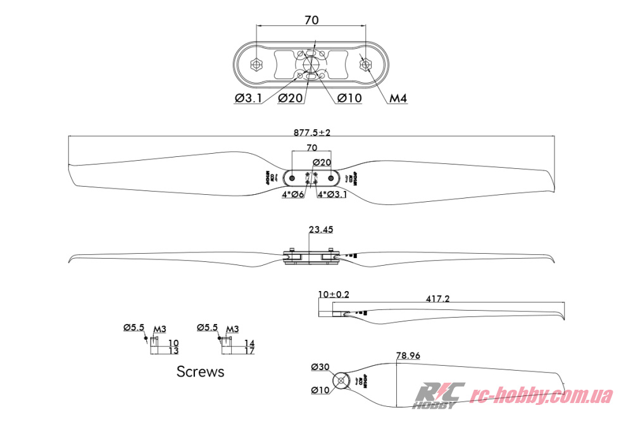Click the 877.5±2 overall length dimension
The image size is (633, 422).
tap(312, 133)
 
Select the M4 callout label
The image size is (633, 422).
tap(398, 98)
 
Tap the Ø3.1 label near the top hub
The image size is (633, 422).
tap(248, 98)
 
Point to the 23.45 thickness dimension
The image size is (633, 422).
tap(321, 229)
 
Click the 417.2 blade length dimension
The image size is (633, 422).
tap(437, 299)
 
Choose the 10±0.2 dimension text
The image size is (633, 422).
tap(334, 294)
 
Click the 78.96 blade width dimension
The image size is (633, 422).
tap(408, 356)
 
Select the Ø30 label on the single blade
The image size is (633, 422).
tap(320, 367)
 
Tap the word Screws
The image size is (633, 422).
tap(200, 371)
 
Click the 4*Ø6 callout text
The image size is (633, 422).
tap(293, 194)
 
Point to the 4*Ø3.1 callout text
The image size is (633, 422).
tap(332, 194)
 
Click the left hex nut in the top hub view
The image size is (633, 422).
tap(256, 65)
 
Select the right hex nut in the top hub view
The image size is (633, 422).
tap(366, 65)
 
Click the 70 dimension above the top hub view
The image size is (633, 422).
tap(311, 20)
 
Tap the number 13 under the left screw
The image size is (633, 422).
tap(173, 351)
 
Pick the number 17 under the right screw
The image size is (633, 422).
tap(249, 351)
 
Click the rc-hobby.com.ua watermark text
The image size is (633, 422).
tap(542, 396)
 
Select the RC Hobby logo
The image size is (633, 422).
tap(437, 395)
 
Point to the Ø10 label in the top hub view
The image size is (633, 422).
tap(349, 98)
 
